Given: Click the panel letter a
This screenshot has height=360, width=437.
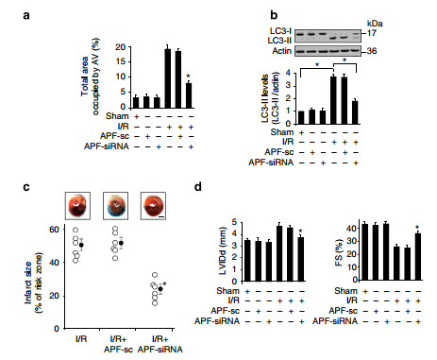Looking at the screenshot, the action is click(26, 15).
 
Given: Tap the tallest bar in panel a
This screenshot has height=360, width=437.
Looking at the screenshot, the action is click(168, 78).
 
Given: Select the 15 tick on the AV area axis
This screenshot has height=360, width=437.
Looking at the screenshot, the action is click(121, 61).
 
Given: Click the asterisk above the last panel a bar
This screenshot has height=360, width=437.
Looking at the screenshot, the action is click(188, 77).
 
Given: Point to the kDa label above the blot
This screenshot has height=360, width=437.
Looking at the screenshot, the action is click(375, 24).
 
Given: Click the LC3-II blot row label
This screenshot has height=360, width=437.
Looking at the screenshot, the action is click(279, 41).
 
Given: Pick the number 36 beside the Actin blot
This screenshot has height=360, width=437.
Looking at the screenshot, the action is click(372, 51).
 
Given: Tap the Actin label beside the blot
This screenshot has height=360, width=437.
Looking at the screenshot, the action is click(281, 51).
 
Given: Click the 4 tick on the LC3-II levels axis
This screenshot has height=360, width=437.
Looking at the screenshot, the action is click(288, 73).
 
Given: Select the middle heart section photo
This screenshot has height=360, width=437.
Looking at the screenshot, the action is click(116, 206).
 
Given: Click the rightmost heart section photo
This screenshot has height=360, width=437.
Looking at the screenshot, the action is click(153, 206).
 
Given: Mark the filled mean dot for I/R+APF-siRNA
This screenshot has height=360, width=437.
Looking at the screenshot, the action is click(160, 289).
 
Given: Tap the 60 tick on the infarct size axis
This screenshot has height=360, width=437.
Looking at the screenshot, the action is click(54, 230).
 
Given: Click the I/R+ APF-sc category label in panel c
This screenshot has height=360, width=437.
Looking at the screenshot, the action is click(118, 344).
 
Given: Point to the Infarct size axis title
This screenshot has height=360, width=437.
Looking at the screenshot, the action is click(33, 283).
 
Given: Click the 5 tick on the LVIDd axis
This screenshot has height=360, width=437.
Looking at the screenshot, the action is click(234, 222).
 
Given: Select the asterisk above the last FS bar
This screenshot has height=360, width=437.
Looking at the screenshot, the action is click(417, 227).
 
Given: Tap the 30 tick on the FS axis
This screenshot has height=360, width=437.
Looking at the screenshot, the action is click(351, 242).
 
